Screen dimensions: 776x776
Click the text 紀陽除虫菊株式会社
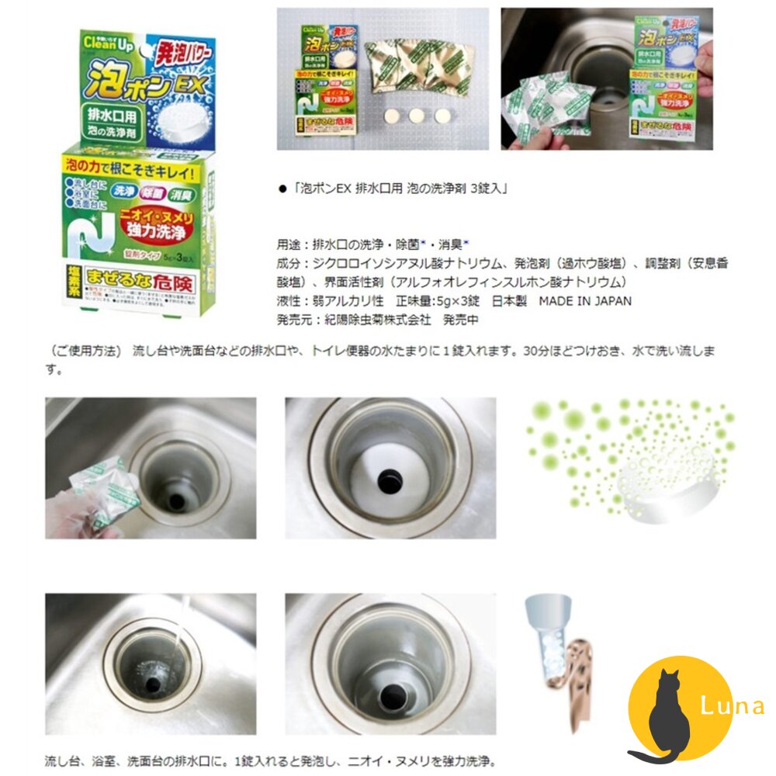click(363, 320)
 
